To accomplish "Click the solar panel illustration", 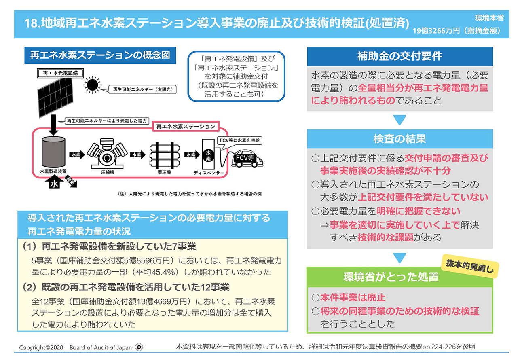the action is (55, 97).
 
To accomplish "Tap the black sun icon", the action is (92, 85).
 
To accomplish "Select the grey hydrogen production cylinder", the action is (53, 152).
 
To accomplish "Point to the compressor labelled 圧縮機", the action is (107, 154).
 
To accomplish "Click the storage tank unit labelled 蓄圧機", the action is (165, 155).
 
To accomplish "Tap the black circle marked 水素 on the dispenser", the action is (208, 156).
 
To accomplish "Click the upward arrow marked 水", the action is (54, 183).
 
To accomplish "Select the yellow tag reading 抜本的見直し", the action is (470, 266).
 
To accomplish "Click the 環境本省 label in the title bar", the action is (489, 18).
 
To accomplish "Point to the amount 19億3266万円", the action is (436, 31).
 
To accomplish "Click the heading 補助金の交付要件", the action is (400, 56).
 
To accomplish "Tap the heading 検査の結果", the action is (400, 139).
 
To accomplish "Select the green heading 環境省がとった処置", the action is (391, 277).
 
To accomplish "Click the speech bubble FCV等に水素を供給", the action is (239, 141).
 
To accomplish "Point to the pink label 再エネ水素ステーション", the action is (186, 127).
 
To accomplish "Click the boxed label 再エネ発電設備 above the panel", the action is (60, 73).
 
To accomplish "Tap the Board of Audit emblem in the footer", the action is (139, 347).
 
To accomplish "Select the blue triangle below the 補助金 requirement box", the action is (400, 120).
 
